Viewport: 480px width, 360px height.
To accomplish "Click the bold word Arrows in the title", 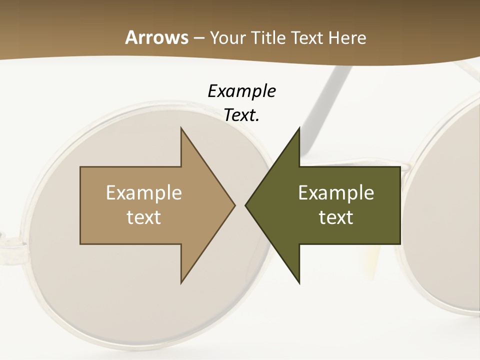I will [x=156, y=38].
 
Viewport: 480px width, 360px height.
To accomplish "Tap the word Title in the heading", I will [x=267, y=38].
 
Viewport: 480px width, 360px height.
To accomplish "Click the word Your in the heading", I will [x=227, y=38].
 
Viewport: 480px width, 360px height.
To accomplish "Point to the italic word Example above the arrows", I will [x=241, y=91].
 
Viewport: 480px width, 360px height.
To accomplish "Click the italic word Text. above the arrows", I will [x=241, y=115].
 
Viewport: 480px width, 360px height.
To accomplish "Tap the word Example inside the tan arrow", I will [x=144, y=193].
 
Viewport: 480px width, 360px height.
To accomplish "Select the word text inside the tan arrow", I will [x=144, y=217].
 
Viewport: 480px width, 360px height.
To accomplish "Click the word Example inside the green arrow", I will [x=336, y=193].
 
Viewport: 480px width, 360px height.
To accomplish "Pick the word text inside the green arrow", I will [x=336, y=217].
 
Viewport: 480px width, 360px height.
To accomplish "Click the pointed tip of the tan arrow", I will [x=235, y=205].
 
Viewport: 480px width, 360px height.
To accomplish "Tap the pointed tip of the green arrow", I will [x=245, y=205].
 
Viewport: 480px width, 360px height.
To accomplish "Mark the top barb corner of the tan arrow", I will [x=181, y=128].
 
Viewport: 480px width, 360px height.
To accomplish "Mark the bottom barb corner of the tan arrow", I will [x=181, y=283].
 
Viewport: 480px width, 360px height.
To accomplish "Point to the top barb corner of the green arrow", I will [x=299, y=128].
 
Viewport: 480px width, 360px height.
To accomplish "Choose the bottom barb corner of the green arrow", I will [x=299, y=283].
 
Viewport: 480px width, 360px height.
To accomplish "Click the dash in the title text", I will [x=198, y=38].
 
